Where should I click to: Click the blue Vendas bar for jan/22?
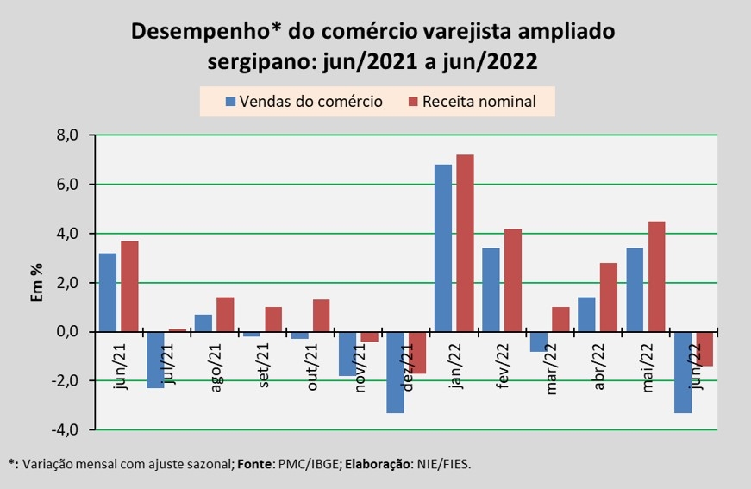442,248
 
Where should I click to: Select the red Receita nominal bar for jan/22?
465,242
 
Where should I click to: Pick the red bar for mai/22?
656,276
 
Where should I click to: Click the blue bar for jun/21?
107,292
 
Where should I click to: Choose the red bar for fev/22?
512,279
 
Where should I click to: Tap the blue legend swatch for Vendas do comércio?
230,102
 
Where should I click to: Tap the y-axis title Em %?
36,282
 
